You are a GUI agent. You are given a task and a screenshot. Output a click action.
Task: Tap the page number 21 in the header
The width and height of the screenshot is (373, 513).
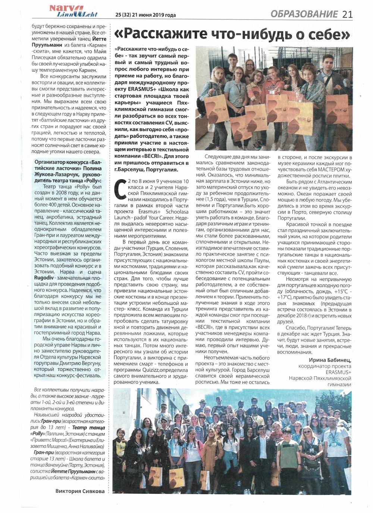click(347, 14)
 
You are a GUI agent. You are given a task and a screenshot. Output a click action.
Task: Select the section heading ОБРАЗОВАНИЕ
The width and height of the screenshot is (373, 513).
click(304, 14)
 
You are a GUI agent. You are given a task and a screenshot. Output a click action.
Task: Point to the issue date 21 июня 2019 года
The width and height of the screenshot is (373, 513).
click(153, 15)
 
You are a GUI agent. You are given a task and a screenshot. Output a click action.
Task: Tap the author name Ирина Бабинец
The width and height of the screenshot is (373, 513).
click(330, 360)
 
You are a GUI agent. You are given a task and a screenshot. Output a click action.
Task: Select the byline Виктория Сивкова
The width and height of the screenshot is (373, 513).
click(80, 491)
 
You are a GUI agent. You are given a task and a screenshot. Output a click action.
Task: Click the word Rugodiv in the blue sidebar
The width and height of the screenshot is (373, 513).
click(44, 277)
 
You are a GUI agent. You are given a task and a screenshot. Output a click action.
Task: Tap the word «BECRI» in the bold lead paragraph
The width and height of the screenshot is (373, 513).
click(154, 156)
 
